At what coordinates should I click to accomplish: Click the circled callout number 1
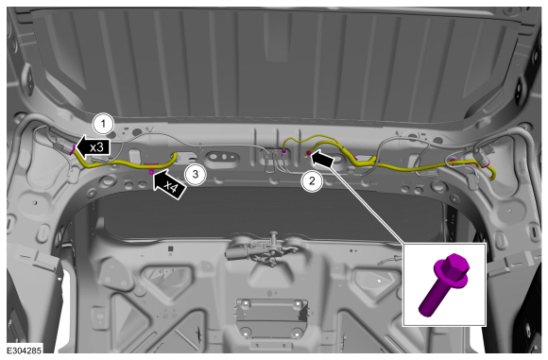pos(103,124)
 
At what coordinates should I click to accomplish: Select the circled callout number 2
pos(312,180)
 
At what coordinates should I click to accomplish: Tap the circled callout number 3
pos(196,174)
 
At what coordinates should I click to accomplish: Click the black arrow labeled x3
pos(93,146)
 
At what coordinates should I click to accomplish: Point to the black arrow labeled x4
pos(168,184)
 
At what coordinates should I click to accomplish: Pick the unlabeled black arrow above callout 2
pos(322,158)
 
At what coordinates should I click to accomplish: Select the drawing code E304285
pos(25,350)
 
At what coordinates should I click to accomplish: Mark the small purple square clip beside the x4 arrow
pos(152,172)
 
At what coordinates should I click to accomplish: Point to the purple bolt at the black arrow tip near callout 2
pos(309,153)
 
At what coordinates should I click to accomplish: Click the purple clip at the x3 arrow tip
pos(74,150)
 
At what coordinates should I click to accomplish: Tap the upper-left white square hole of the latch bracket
pos(246,302)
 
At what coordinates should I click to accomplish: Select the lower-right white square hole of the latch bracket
pos(297,334)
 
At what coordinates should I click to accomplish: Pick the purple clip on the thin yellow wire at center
pos(284,151)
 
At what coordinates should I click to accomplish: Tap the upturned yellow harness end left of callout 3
pos(174,156)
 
